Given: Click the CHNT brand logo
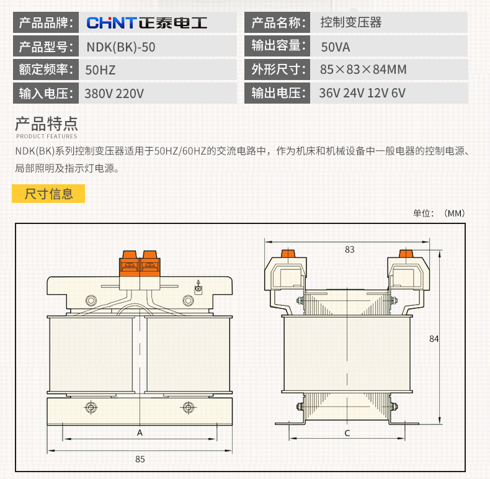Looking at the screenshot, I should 146,24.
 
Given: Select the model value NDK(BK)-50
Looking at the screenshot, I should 121,47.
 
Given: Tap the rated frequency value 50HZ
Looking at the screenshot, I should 100,69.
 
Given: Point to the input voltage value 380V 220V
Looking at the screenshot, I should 114,93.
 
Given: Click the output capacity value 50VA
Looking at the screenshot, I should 336,47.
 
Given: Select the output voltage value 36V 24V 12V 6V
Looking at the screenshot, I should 362,93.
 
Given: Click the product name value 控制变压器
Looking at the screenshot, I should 351,24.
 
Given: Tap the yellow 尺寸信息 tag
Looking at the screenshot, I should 48,194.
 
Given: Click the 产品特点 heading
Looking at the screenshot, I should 47,122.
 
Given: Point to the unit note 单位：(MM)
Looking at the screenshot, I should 439,213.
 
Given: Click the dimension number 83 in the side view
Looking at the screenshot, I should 350,249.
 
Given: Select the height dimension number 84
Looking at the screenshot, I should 434,339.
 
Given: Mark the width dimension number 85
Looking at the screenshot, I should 140,459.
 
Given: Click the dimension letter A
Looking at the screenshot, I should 140,432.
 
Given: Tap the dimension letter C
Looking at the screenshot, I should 347,432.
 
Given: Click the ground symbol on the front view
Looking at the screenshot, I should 198,287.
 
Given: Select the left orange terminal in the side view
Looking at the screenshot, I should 287,253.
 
